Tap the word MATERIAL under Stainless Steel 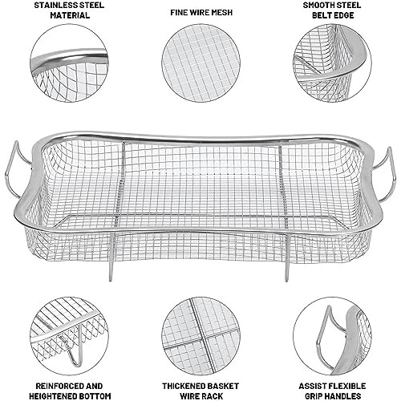pos(70,15)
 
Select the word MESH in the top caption pos(222,12)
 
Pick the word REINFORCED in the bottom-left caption pos(57,386)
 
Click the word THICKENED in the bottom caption pos(181,386)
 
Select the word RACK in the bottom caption pos(212,396)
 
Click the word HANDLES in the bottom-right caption pos(342,396)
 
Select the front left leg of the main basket pos(111,257)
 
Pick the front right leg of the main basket pos(286,257)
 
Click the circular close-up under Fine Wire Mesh pos(200,63)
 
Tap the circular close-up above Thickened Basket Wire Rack pos(200,336)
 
